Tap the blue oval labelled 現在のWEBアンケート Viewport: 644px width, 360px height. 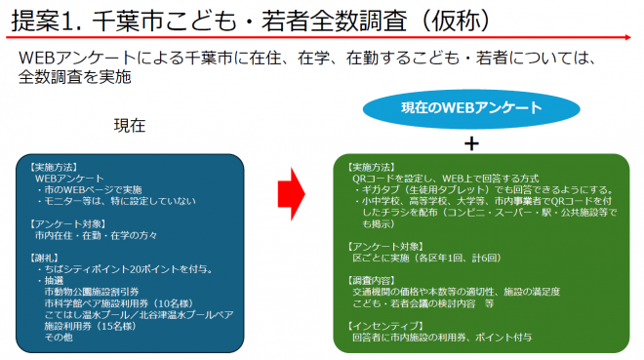(x=471, y=107)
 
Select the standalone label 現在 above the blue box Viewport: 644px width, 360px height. (x=130, y=126)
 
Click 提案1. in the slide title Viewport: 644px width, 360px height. (x=44, y=19)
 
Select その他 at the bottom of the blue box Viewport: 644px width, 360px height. (x=57, y=338)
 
